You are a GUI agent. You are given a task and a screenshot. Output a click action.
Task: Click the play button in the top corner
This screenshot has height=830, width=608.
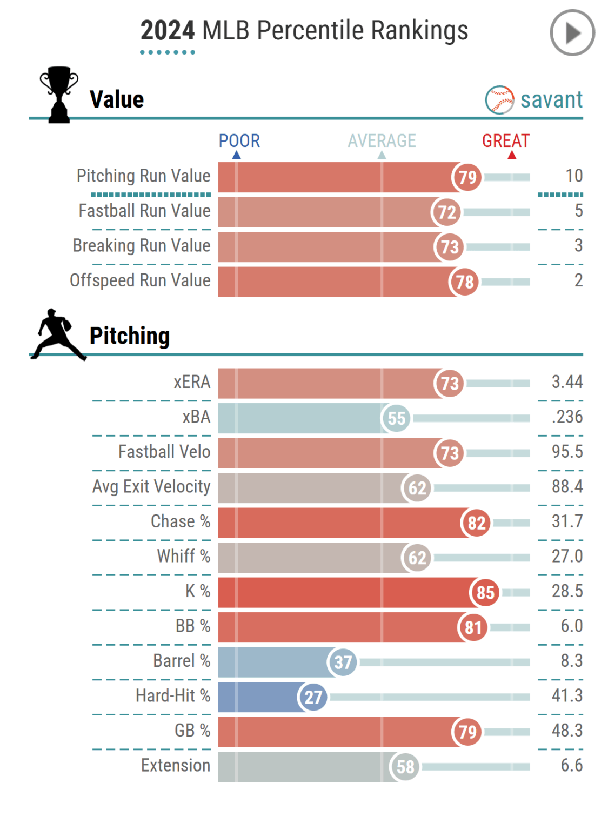tap(572, 33)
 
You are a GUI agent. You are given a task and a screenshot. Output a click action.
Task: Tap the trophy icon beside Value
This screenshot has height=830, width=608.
tap(59, 95)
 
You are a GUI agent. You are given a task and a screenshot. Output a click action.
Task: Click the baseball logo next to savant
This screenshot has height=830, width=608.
tap(499, 100)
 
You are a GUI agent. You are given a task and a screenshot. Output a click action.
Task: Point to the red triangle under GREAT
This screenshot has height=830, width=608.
tap(512, 156)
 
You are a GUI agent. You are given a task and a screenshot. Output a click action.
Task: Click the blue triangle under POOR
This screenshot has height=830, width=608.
tap(236, 156)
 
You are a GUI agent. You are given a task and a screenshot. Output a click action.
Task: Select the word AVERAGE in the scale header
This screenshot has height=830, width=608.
tap(382, 141)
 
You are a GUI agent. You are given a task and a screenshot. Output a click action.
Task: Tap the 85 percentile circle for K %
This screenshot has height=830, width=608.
tap(485, 592)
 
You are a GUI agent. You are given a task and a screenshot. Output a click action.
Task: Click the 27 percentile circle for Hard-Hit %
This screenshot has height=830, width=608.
tap(312, 697)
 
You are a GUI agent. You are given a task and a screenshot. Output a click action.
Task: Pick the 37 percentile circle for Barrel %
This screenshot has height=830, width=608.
tap(342, 662)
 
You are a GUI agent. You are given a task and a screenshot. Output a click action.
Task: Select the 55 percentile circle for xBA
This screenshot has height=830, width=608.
tap(396, 418)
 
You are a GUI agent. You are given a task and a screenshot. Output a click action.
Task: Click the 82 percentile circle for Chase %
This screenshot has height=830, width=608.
tap(476, 523)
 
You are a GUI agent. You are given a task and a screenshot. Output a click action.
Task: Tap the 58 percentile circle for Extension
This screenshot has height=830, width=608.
tap(405, 767)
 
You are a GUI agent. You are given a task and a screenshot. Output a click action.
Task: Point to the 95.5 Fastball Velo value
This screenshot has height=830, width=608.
tap(567, 452)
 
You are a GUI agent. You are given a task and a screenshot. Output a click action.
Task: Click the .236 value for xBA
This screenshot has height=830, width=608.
tap(567, 417)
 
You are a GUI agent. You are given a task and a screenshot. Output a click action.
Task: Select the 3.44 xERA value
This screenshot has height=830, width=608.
tap(567, 382)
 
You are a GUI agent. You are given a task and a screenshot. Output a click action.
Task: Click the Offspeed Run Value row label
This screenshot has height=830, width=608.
tap(140, 280)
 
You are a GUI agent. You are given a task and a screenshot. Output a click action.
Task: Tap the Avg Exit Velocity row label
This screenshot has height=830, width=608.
tap(151, 486)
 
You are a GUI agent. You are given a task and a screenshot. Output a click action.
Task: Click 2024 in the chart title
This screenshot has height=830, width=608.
tap(167, 31)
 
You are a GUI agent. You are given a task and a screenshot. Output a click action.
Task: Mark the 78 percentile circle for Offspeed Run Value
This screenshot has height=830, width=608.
tap(464, 282)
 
